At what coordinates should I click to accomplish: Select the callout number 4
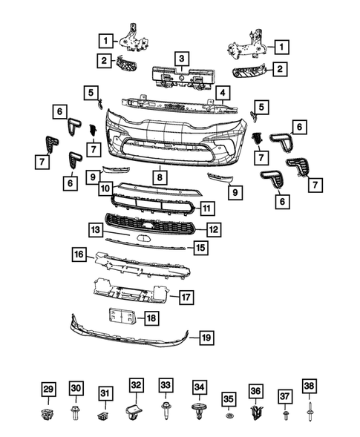point(223,93)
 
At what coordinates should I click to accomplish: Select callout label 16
point(78,254)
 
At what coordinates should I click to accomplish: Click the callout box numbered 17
point(186,298)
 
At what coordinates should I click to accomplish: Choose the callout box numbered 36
point(256,391)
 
